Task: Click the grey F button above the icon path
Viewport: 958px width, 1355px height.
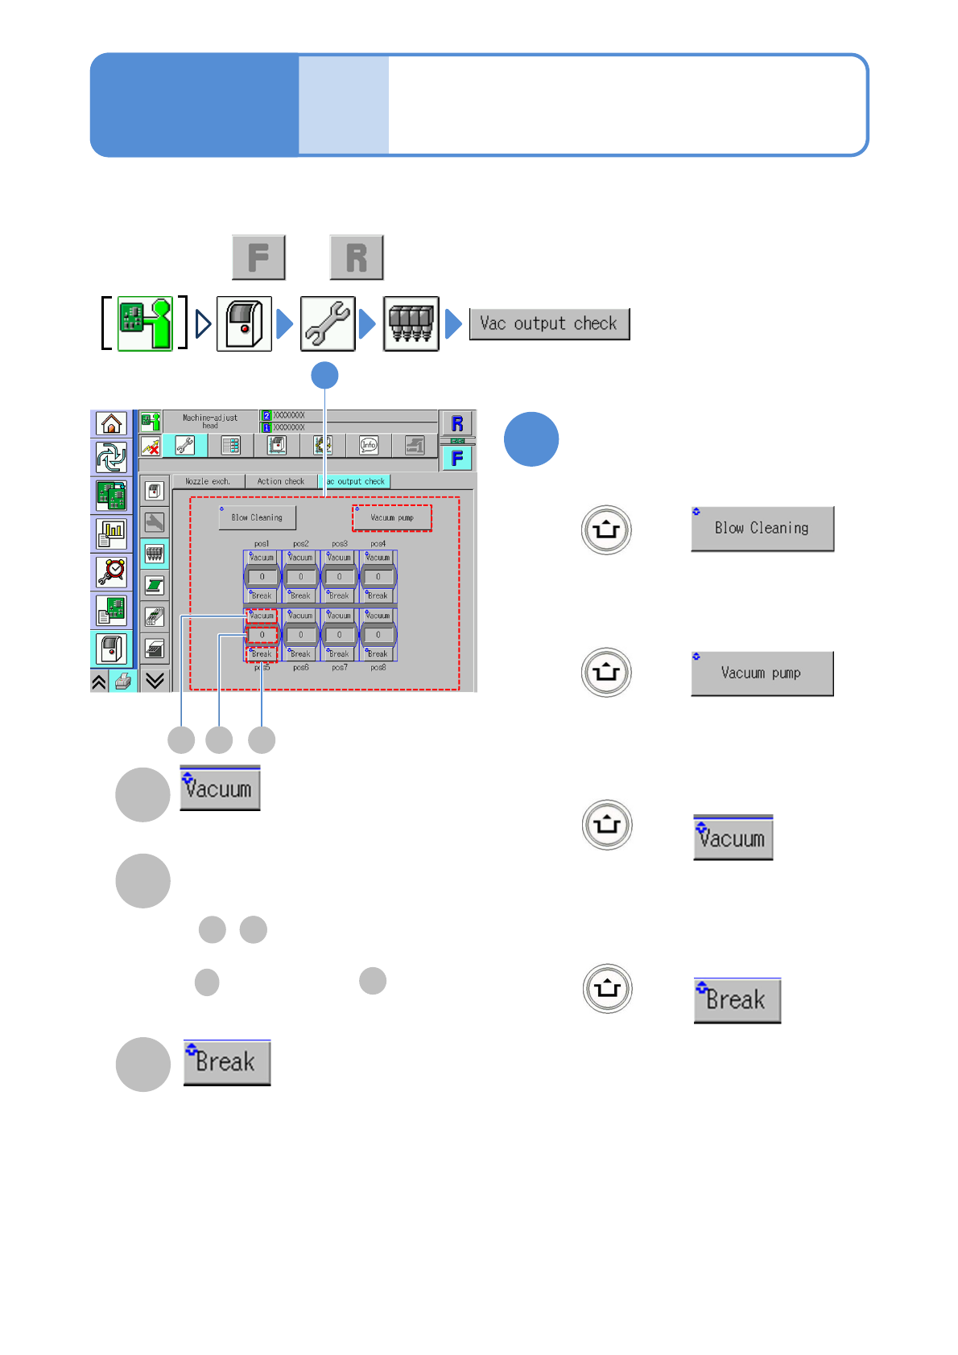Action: [x=258, y=257]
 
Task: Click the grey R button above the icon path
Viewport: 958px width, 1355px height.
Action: [x=356, y=257]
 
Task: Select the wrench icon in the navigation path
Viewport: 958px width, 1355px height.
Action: [x=328, y=323]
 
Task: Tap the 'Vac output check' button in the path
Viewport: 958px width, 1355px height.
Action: [x=549, y=324]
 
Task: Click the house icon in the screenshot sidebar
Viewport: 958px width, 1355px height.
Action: [x=111, y=423]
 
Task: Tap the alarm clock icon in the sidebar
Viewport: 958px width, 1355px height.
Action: [x=111, y=571]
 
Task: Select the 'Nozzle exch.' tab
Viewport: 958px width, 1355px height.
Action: [x=208, y=481]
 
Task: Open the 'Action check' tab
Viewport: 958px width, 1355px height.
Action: [x=280, y=481]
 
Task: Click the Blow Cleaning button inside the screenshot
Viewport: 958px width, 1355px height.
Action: [x=257, y=517]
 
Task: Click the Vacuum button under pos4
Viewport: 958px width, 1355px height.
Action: [x=378, y=557]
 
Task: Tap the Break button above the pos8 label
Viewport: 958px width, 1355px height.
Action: [x=378, y=653]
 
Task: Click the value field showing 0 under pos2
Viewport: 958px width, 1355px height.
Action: [x=301, y=576]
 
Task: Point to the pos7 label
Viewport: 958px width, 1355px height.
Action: [x=340, y=667]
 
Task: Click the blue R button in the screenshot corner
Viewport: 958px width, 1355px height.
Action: [x=457, y=423]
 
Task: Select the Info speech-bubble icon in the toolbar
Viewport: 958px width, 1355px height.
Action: [x=369, y=445]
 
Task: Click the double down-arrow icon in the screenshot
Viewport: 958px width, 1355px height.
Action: [x=155, y=681]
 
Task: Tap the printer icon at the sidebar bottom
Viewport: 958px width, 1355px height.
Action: [x=122, y=682]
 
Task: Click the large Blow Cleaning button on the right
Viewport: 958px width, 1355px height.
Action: [x=762, y=529]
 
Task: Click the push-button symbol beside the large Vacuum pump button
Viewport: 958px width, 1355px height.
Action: [x=606, y=672]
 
